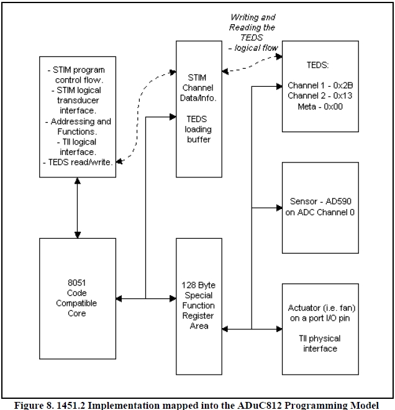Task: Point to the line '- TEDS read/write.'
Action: pyautogui.click(x=77, y=161)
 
